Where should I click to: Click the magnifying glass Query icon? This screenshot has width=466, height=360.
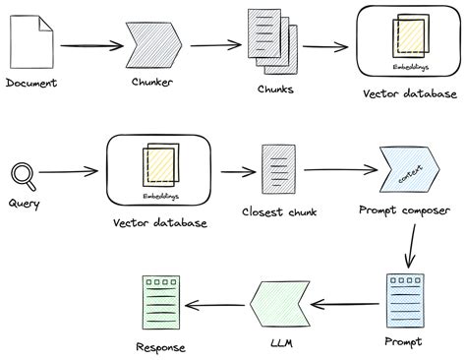[23, 175]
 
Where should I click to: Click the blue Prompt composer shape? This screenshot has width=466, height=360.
[407, 173]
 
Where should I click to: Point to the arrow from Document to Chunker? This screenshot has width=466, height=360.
[88, 45]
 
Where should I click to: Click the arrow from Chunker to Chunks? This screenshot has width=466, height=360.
[215, 44]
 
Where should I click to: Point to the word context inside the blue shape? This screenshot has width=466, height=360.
[407, 174]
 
